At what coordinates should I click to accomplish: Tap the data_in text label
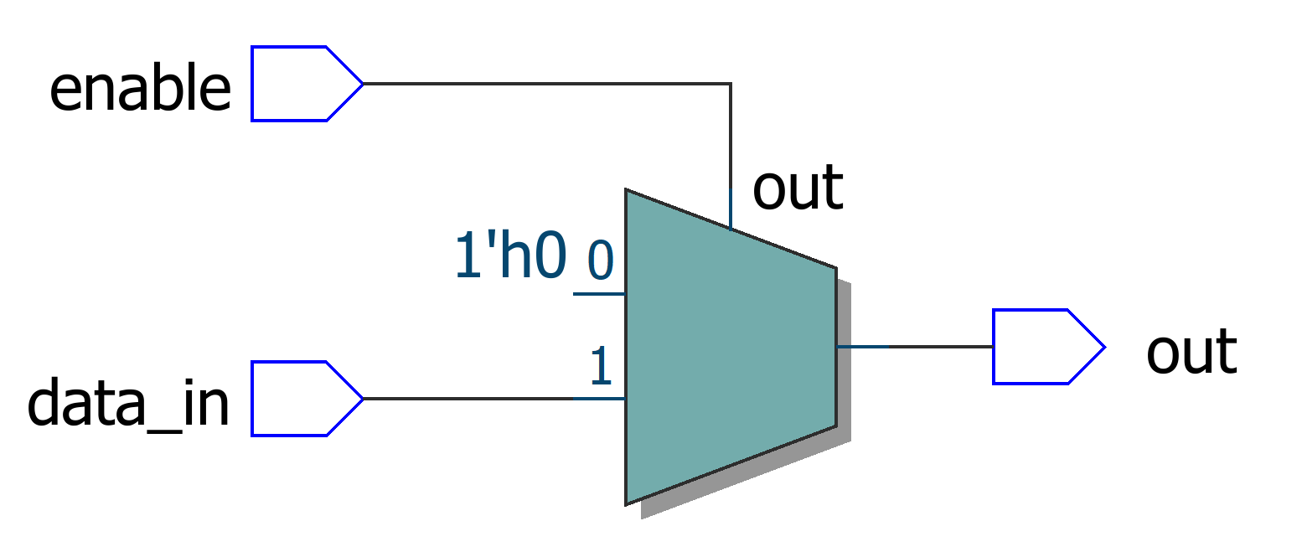(x=128, y=405)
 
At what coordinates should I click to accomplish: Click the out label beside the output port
(x=1191, y=352)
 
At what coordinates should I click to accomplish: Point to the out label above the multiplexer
(x=797, y=188)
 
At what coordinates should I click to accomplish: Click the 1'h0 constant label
(x=509, y=255)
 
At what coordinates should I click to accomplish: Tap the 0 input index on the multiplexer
(x=601, y=260)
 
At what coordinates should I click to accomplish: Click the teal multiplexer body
(x=729, y=352)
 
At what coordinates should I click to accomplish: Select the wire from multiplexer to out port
(x=913, y=346)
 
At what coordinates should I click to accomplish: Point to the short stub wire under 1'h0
(x=598, y=294)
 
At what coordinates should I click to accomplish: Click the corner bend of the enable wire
(x=731, y=84)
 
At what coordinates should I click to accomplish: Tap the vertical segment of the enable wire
(x=731, y=151)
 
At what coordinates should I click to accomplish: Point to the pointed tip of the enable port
(x=361, y=84)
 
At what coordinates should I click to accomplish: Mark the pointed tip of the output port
(x=1103, y=347)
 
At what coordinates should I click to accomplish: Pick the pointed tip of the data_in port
(x=361, y=399)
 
